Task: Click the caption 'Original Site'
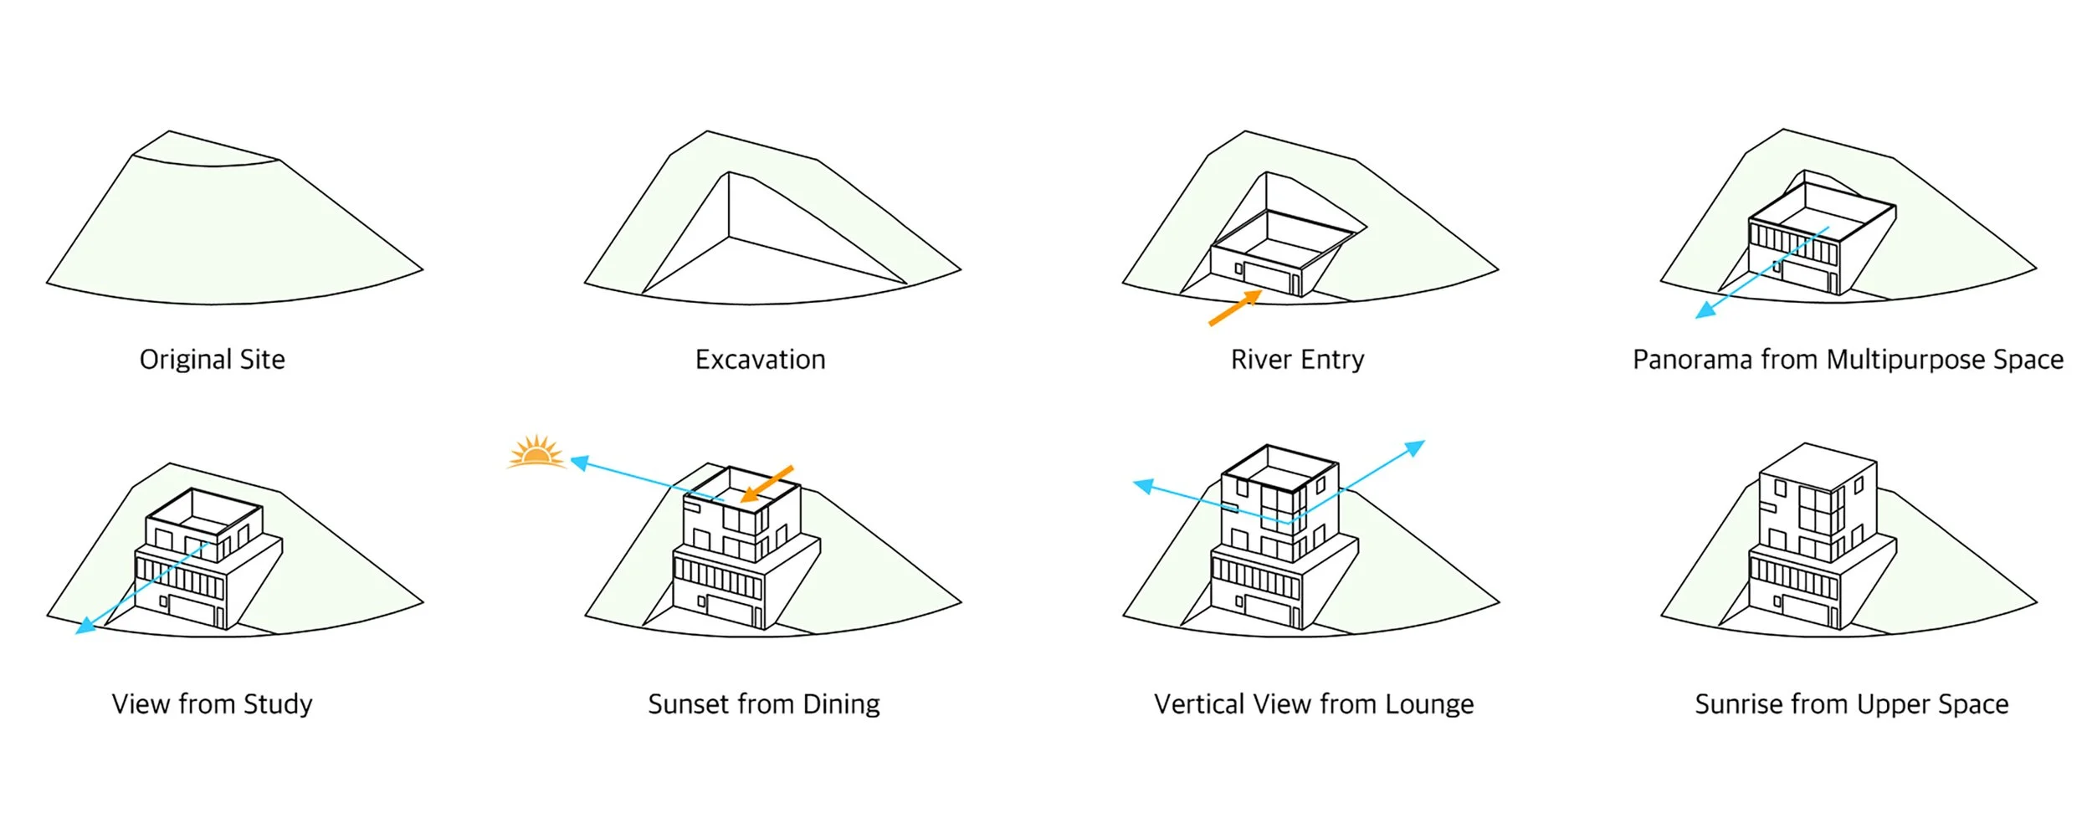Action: pos(212,360)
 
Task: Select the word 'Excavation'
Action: pos(760,360)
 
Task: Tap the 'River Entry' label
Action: pos(1297,360)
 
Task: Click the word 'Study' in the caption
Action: pos(277,704)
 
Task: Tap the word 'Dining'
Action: pos(841,704)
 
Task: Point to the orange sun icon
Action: pos(536,453)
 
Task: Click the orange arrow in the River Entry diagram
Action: pos(1235,308)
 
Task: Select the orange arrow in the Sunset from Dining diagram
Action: pos(767,484)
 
